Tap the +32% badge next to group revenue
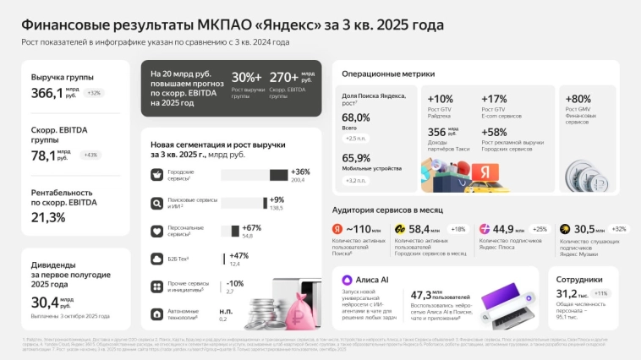pyautogui.click(x=92, y=93)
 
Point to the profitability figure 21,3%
pyautogui.click(x=48, y=217)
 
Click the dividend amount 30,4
pyautogui.click(x=43, y=301)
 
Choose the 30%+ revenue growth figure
pyautogui.click(x=247, y=78)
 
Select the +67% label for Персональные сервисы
pyautogui.click(x=252, y=227)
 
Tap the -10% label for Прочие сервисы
pyautogui.click(x=235, y=283)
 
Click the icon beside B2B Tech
pyautogui.click(x=156, y=259)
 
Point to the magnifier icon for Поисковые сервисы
pyautogui.click(x=156, y=203)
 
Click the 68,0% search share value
pyautogui.click(x=356, y=117)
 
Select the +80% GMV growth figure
pyautogui.click(x=578, y=99)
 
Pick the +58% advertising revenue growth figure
pyautogui.click(x=495, y=132)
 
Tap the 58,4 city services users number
pyautogui.click(x=419, y=229)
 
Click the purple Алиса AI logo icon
pyautogui.click(x=347, y=281)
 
